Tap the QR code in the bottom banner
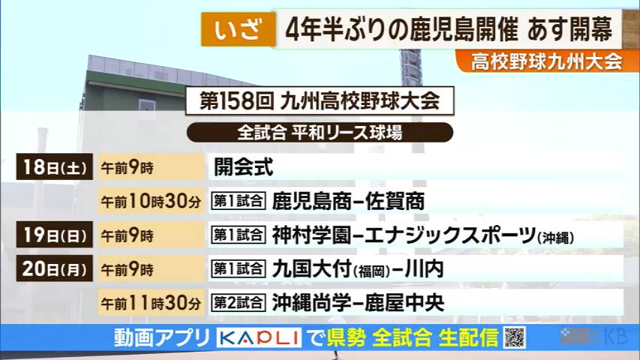coord(514,338)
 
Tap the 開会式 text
coord(243,167)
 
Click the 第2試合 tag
coord(238,304)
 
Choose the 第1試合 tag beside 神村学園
coord(238,235)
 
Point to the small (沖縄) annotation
coord(555,238)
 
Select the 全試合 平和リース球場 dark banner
coord(320,133)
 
